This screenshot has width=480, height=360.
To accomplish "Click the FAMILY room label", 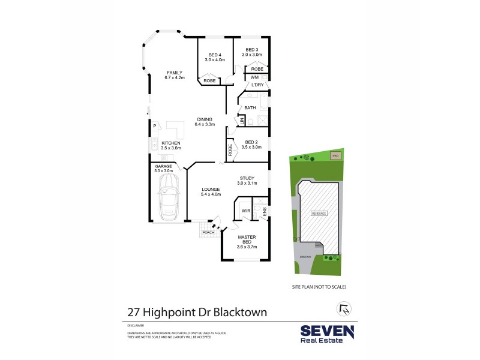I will point(175,73).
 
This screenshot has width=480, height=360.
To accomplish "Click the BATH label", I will point(250,108).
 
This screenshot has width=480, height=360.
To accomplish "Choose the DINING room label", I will point(205,119).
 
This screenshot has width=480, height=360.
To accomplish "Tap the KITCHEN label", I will point(170,143).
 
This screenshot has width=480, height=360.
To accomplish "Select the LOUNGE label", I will point(211,190).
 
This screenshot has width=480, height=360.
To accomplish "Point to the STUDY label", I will point(248,178).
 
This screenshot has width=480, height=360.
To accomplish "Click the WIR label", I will point(245,211).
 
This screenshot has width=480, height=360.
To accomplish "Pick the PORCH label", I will point(208,232).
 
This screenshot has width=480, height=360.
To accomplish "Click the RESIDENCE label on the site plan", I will point(319,214).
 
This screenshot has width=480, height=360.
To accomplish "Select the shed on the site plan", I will point(335,156).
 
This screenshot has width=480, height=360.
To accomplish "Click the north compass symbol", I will point(343,309).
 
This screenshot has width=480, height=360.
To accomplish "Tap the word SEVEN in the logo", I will point(327,331).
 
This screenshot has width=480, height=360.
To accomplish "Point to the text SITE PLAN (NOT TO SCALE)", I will point(319,286).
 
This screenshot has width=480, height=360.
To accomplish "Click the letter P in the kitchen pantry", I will point(155,126).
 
